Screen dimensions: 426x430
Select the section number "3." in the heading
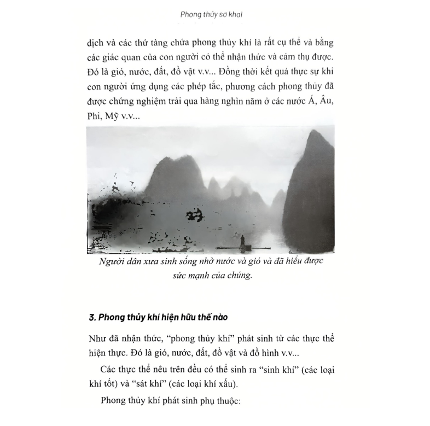coord(92,317)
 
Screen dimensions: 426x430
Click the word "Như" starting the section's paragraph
coord(96,339)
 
